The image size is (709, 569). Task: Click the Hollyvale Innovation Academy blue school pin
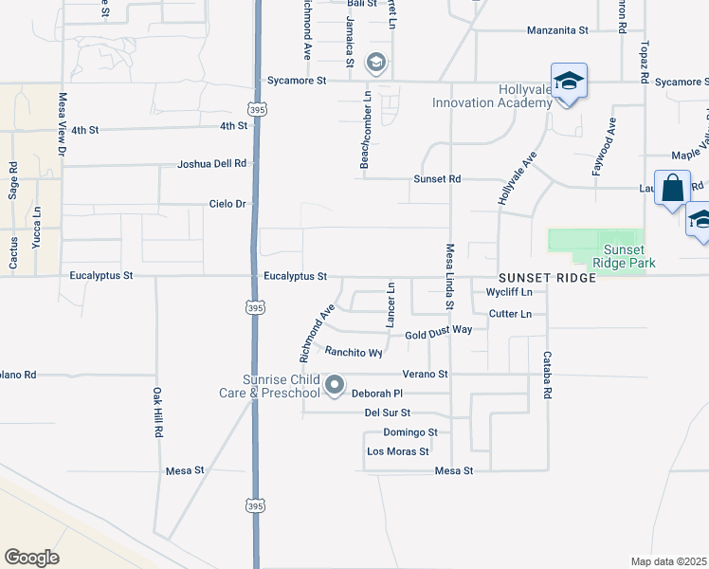point(569,83)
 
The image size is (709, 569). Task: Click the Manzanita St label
point(557,30)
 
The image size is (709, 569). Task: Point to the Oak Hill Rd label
point(158,412)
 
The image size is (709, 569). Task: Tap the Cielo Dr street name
point(227,204)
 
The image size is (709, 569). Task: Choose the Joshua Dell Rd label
point(211,164)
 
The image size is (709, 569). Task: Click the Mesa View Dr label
point(63,123)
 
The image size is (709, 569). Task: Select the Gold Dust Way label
point(438,334)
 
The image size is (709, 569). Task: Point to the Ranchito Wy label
point(354,352)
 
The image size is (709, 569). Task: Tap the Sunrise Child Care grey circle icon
point(335,384)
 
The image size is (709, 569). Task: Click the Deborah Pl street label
point(378,393)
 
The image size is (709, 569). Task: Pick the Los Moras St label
point(398,451)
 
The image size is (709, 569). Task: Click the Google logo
point(31,558)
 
